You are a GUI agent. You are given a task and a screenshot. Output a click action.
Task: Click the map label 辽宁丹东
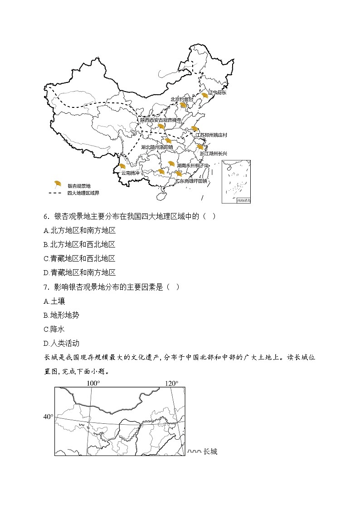[x=217, y=92]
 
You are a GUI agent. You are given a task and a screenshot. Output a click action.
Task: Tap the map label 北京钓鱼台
[x=181, y=99]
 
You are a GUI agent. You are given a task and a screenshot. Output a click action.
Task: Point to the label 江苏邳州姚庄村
[x=211, y=135]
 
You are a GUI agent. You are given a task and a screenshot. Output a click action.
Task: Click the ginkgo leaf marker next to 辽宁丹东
[x=205, y=95]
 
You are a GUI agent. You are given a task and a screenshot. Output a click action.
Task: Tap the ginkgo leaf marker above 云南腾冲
[x=122, y=167]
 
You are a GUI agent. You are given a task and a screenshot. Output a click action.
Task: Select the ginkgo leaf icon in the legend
[x=57, y=184]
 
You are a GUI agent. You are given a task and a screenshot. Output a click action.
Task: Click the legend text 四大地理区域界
[x=83, y=193]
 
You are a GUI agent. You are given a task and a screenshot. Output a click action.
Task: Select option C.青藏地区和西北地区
[x=79, y=258]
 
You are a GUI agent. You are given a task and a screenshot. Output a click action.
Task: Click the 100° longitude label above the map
[x=93, y=383]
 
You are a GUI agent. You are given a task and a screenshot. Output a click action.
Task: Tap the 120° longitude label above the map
[x=171, y=383]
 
